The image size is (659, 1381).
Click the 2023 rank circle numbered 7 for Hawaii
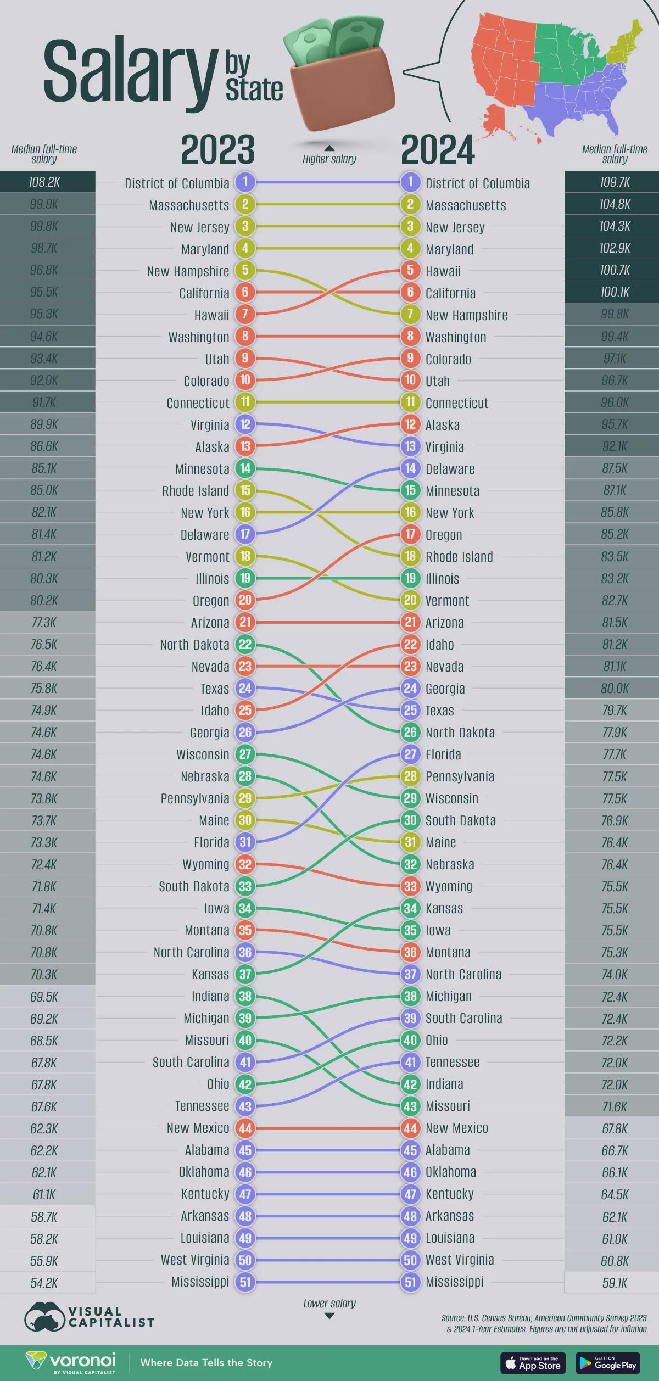pyautogui.click(x=245, y=315)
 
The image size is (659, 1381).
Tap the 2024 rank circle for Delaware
pyautogui.click(x=410, y=468)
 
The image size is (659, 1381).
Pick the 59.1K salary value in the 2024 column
pyautogui.click(x=614, y=1283)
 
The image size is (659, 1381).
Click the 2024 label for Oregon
pyautogui.click(x=444, y=534)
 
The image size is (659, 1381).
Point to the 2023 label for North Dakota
pyautogui.click(x=194, y=644)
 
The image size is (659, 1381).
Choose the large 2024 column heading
pyautogui.click(x=438, y=150)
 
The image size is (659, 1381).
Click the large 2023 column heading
pyautogui.click(x=218, y=150)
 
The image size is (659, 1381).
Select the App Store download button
pyautogui.click(x=533, y=1362)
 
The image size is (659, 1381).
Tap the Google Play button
pyautogui.click(x=607, y=1362)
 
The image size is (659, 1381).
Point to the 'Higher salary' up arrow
pyautogui.click(x=329, y=148)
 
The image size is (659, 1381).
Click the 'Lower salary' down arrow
pyautogui.click(x=329, y=1316)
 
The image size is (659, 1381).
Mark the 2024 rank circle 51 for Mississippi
pyautogui.click(x=410, y=1282)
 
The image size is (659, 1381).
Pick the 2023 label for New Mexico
pyautogui.click(x=198, y=1128)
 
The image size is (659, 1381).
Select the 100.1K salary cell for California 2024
pyautogui.click(x=614, y=292)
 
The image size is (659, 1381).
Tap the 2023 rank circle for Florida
pyautogui.click(x=245, y=842)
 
